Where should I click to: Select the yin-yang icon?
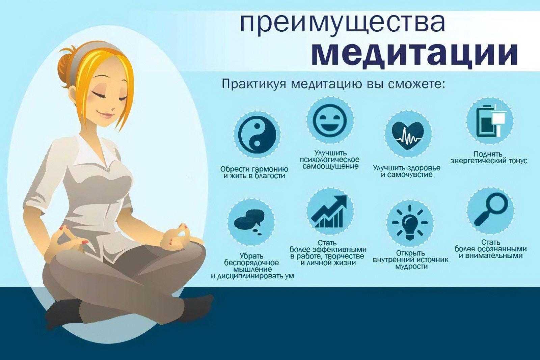coord(257,134)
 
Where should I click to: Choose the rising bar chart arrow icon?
coord(329,212)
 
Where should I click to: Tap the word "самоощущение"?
coord(330,166)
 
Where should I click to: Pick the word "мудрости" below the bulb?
coord(411,267)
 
